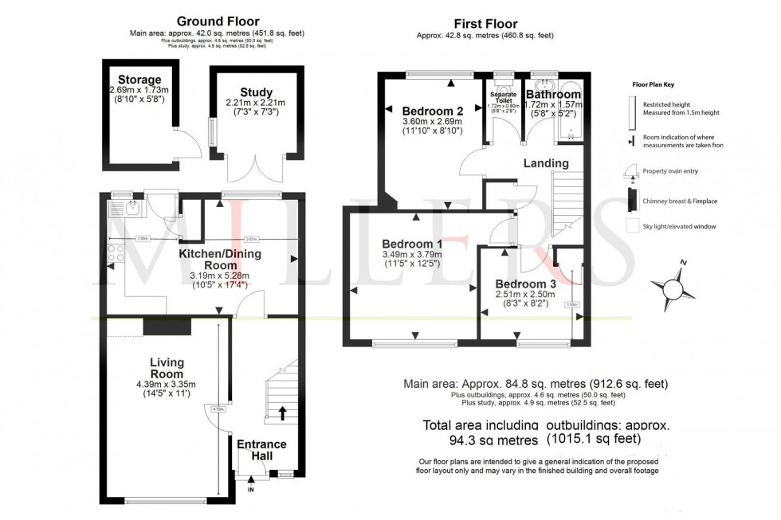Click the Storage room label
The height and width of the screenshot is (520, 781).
(139, 80)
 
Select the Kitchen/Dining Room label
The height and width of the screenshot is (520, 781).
(219, 260)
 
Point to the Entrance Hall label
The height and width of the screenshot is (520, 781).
(261, 449)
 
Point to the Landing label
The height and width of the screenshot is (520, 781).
(546, 163)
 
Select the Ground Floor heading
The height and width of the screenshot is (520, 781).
(216, 21)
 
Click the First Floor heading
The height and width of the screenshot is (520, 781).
(485, 24)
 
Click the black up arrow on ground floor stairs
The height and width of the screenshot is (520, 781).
(283, 412)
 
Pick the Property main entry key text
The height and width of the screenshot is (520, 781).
(672, 172)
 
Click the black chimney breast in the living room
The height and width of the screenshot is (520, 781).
(155, 326)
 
